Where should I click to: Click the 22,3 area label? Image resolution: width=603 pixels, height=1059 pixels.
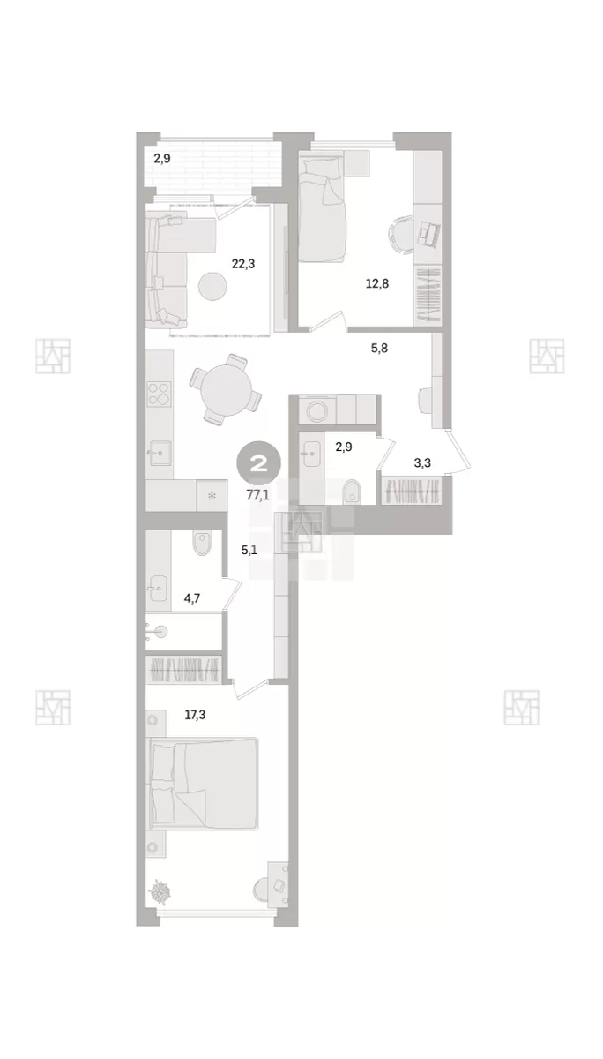pos(242,264)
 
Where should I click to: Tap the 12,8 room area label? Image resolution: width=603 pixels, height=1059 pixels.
pos(377,283)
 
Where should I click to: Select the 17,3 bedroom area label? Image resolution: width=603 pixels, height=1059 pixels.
pos(195,715)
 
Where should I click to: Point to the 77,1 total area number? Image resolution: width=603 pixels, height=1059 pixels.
pos(257,495)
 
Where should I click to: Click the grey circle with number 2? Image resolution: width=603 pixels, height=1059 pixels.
pos(259,464)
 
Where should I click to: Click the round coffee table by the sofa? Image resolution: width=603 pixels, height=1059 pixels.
pos(212,286)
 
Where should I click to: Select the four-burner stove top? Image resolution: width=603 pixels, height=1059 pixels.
pos(160,394)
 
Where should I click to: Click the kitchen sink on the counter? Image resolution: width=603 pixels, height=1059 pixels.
pos(160,453)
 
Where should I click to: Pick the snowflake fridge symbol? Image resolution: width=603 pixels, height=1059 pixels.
pos(212,495)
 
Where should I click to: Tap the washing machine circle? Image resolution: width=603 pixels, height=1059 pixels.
pos(316,410)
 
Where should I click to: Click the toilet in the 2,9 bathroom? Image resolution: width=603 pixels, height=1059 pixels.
pos(352,492)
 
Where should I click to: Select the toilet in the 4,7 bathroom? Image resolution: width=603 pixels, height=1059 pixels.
pos(202,543)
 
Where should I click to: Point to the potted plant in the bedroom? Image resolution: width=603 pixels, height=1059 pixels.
pos(160,891)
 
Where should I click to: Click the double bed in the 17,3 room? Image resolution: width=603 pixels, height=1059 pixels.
pos(204,784)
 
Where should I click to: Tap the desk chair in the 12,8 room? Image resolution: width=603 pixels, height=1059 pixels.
pos(400,235)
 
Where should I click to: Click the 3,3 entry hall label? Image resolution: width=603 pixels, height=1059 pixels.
pos(422,462)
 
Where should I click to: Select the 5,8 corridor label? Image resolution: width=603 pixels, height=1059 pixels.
pos(379,349)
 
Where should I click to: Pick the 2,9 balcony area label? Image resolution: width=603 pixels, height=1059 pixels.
pos(162,158)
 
